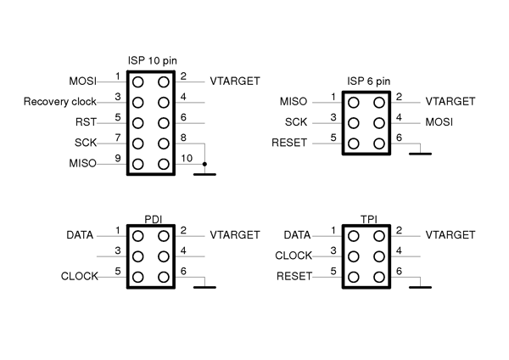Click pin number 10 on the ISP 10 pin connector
tap(187, 157)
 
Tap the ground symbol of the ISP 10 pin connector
tap(204, 173)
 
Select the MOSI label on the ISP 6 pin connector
tap(439, 123)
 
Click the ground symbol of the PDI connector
tap(204, 287)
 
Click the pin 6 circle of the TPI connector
tap(378, 276)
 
